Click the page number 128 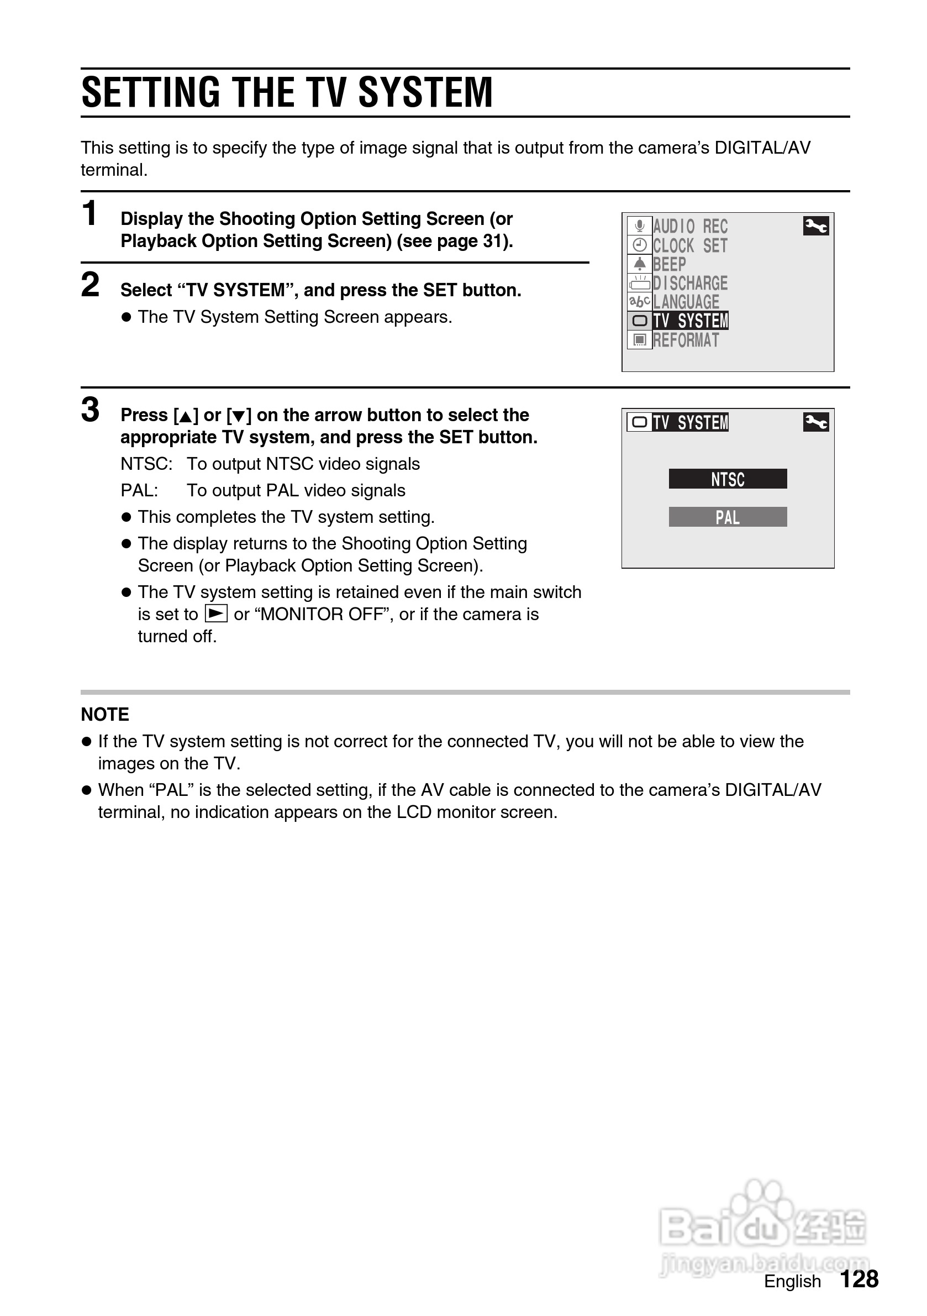click(x=859, y=1280)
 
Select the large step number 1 click(x=89, y=214)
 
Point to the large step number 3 click(x=91, y=411)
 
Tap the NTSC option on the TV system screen click(x=728, y=479)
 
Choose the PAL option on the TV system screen click(x=728, y=517)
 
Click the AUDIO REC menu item click(x=691, y=227)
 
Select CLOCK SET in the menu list click(x=691, y=246)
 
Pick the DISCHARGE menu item click(x=691, y=283)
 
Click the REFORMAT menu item click(x=686, y=340)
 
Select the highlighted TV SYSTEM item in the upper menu click(x=691, y=321)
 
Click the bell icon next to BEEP click(x=639, y=264)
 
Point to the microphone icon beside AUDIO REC click(x=639, y=227)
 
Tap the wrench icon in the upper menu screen click(x=816, y=227)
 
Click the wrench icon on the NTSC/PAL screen click(x=816, y=423)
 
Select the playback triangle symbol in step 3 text click(x=216, y=614)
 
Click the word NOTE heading click(x=105, y=715)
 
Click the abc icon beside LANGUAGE click(x=639, y=301)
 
